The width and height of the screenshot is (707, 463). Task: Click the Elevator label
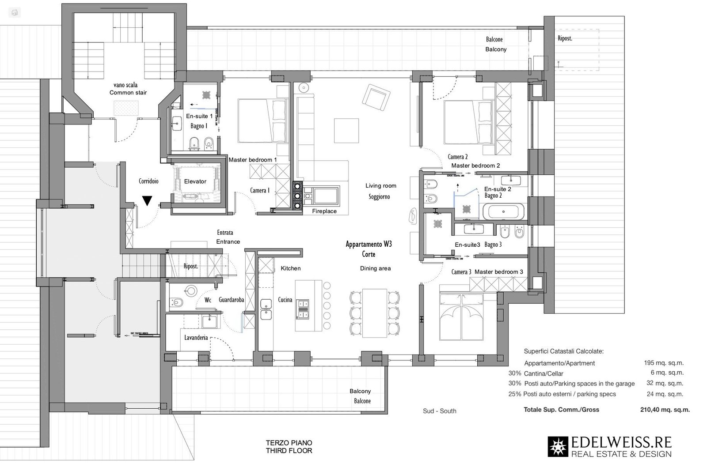195,181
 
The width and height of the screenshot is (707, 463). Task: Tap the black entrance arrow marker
147,201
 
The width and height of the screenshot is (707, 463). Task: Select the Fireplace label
324,211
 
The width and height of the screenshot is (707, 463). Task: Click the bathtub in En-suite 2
503,212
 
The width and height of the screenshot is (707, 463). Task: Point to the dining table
375,313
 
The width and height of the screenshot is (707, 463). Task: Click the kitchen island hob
303,308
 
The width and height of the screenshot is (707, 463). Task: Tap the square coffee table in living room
346,130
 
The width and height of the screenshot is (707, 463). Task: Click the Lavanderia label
196,338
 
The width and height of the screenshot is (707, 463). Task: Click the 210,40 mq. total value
665,410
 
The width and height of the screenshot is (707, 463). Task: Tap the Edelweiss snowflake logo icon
558,447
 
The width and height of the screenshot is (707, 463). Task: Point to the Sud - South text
439,411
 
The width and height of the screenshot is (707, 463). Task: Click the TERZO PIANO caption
289,443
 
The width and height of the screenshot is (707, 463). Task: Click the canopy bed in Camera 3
461,316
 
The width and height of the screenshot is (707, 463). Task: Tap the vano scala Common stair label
128,89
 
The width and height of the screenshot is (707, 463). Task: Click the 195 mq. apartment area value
663,363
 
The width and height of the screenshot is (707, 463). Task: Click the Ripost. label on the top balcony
565,38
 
